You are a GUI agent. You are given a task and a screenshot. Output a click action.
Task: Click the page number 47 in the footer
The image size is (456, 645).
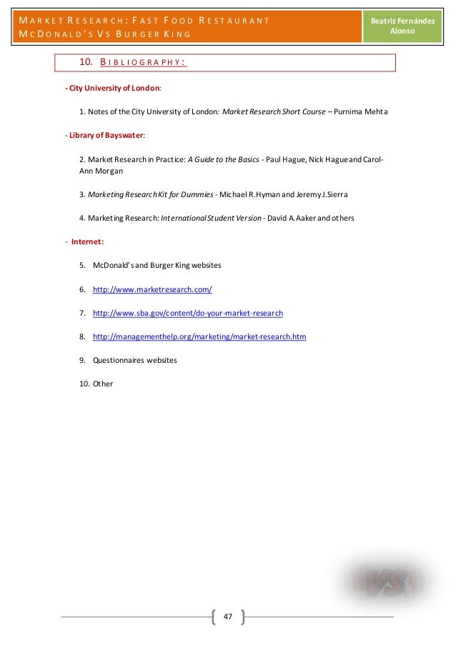coord(228,616)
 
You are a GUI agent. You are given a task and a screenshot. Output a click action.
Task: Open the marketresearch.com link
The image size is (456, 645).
coord(152,289)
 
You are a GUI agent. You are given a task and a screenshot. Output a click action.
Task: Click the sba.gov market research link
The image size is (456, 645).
coord(188,313)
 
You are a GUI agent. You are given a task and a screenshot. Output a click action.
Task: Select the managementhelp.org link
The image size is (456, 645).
coord(199,336)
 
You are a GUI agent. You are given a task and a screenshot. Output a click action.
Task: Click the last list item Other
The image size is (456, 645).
coord(103,384)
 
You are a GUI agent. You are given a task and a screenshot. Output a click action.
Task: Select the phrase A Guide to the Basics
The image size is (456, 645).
coord(223,159)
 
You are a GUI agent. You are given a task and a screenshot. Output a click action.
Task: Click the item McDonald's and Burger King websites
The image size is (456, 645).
coord(157,266)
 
